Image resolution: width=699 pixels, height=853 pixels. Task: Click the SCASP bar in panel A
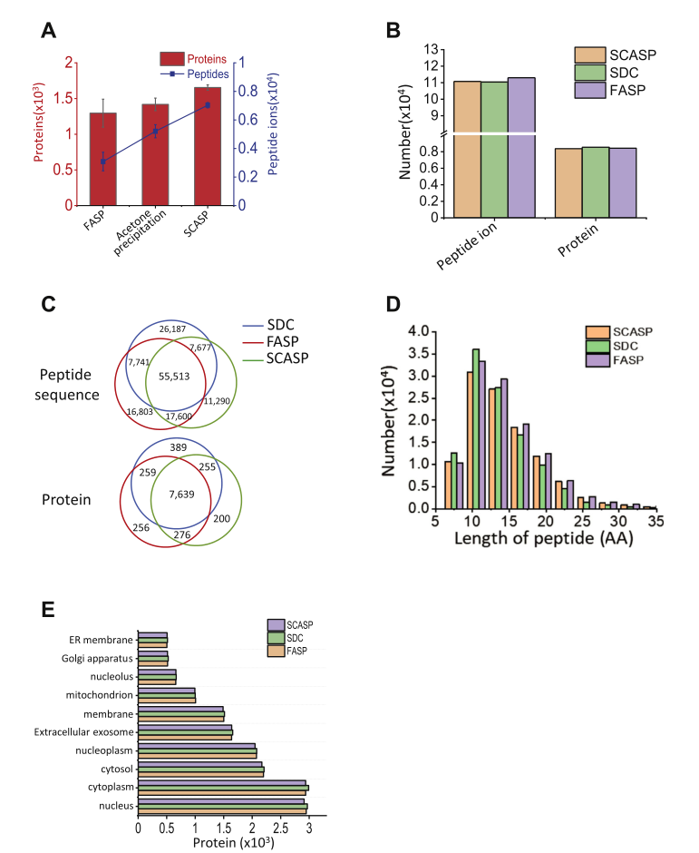207,146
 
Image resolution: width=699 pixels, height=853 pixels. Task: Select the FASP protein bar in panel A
102,159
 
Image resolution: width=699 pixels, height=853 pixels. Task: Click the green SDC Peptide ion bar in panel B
494,150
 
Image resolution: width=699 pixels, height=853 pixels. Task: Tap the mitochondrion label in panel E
99,695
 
